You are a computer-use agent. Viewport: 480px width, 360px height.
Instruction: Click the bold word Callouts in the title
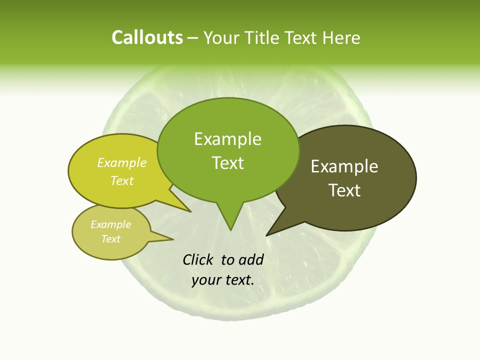[x=147, y=38]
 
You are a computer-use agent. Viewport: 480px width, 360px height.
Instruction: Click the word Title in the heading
[x=264, y=38]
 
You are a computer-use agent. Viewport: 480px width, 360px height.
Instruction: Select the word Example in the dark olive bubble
[x=344, y=166]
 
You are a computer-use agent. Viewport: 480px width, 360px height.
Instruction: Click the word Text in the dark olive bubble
[x=344, y=190]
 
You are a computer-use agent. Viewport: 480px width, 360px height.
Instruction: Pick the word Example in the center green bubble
[x=227, y=139]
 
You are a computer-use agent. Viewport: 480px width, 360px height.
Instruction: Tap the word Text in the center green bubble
[x=228, y=163]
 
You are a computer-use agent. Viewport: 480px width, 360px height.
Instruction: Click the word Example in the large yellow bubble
[x=122, y=162]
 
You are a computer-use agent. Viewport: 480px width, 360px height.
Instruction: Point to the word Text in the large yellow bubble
[x=122, y=180]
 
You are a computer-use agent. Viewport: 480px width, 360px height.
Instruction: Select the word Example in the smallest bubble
[x=111, y=224]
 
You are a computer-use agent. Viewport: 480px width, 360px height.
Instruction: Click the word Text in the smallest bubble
[x=111, y=239]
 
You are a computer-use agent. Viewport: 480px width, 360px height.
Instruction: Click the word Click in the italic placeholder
[x=199, y=259]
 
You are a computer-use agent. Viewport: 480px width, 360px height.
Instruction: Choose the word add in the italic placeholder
[x=251, y=259]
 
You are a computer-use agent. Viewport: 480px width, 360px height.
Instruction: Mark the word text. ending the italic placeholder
[x=238, y=280]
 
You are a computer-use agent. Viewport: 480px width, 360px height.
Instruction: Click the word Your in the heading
[x=221, y=38]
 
